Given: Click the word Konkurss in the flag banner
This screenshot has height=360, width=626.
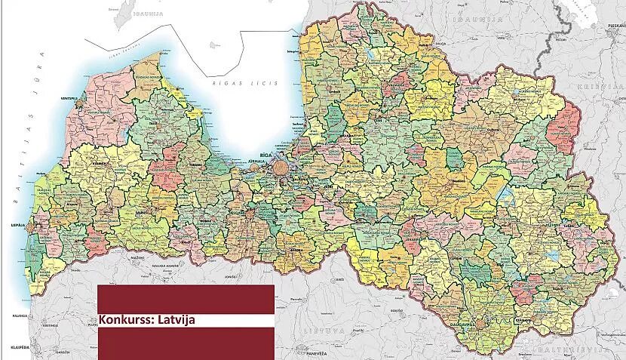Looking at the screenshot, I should coord(122,319).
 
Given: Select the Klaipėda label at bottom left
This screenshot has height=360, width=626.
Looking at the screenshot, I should coord(11,346).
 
